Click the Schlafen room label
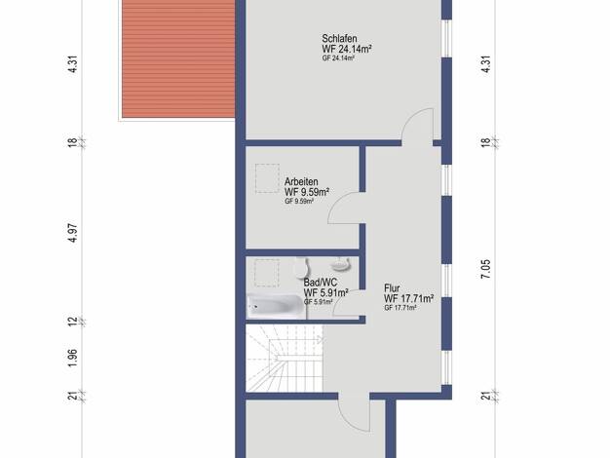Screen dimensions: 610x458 (339, 39)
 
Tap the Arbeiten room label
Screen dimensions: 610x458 (301, 181)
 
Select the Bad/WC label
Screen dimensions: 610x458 (321, 283)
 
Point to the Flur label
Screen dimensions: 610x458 (392, 288)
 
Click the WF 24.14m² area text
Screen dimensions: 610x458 (347, 49)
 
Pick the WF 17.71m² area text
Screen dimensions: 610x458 (409, 298)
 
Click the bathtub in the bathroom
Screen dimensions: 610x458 (276, 306)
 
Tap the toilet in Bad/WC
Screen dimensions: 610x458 (302, 268)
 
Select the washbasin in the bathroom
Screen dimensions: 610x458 (341, 264)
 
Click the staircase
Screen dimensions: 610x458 (285, 359)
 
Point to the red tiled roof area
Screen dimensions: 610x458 (178, 58)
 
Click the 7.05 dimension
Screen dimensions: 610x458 (486, 269)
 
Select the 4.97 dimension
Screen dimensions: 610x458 (73, 233)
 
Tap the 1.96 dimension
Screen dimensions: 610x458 (73, 358)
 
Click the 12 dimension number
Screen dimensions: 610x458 (73, 322)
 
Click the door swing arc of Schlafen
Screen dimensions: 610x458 (411, 116)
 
